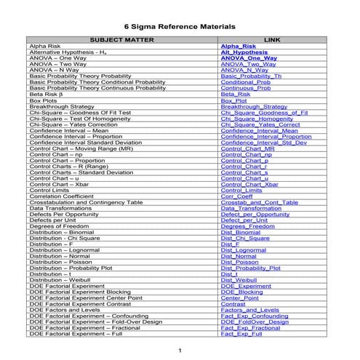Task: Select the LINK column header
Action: pyautogui.click(x=272, y=39)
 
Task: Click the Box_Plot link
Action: pyautogui.click(x=236, y=100)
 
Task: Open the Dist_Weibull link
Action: pyautogui.click(x=240, y=279)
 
